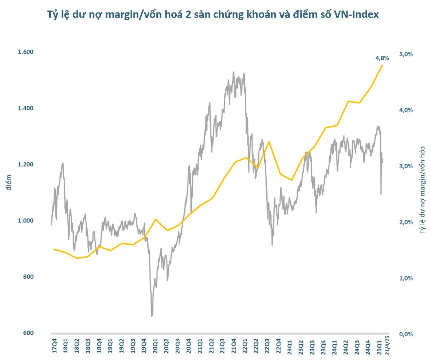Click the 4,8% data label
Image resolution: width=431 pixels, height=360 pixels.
coord(382,58)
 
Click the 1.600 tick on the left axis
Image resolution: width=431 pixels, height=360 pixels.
coord(26,52)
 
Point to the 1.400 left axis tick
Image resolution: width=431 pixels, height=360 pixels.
coord(26,108)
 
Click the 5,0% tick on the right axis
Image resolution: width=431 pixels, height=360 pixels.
coord(405,54)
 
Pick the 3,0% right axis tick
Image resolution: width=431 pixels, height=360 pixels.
coord(405,166)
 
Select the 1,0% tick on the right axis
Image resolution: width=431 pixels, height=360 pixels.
coord(405,278)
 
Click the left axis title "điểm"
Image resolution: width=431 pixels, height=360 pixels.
coord(9,182)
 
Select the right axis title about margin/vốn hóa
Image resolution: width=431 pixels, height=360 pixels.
coord(423,189)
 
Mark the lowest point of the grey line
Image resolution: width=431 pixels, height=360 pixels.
coord(152,316)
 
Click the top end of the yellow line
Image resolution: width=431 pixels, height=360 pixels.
coord(382,65)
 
